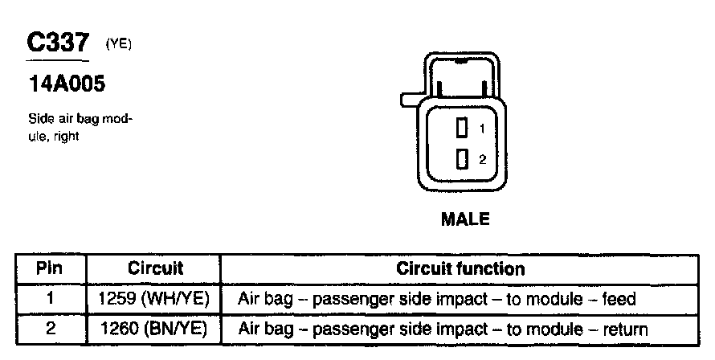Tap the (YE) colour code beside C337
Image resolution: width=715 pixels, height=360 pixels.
117,47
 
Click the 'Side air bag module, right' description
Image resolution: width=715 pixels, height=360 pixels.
79,128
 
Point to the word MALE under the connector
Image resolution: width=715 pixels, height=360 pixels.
465,219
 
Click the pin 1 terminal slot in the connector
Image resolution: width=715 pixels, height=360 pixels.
461,127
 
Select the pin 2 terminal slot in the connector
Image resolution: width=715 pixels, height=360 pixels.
461,158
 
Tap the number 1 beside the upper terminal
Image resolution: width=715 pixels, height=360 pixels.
482,129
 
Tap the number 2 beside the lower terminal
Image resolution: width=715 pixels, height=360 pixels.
482,159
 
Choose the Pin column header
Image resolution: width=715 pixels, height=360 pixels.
50,268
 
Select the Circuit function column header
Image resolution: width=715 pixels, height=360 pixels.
460,268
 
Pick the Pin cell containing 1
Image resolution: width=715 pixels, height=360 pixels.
50,299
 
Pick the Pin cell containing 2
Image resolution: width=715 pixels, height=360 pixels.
50,329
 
